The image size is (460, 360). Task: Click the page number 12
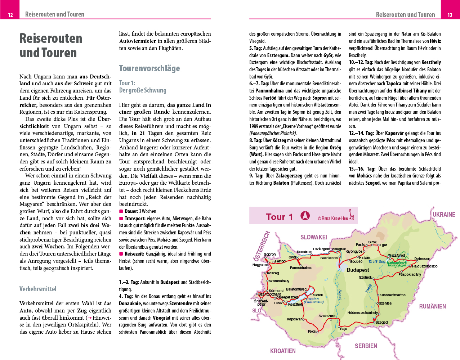[10, 15]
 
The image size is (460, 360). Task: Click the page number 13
[450, 15]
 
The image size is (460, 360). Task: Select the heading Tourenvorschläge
[149, 68]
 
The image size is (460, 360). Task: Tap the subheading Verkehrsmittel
[38, 289]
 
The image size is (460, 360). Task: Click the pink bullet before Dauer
[121, 211]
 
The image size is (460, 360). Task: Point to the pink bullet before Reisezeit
[121, 254]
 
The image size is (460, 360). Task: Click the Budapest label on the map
[358, 270]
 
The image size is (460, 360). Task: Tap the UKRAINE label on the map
[444, 215]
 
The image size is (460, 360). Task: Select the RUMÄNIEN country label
[432, 306]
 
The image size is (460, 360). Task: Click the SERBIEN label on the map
[366, 346]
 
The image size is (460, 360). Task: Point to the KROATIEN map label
[283, 351]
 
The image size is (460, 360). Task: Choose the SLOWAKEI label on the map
[314, 237]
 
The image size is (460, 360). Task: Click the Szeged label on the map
[382, 323]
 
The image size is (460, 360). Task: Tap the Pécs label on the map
[312, 332]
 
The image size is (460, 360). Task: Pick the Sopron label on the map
[270, 254]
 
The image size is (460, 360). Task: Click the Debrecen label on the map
[422, 258]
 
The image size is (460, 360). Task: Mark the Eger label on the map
[383, 245]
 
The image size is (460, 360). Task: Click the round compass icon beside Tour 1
[305, 216]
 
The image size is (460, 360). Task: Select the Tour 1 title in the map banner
[279, 217]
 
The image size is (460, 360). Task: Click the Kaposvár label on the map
[294, 319]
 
